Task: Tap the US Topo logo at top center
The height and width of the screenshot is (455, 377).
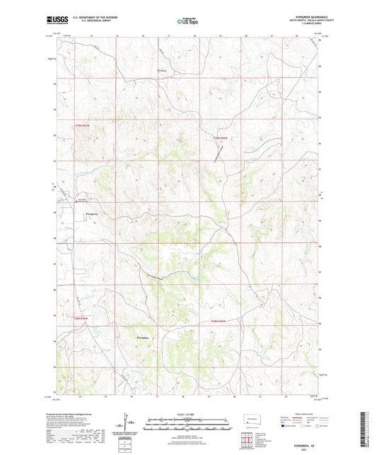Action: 188,22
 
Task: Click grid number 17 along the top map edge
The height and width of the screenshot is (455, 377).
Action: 169,35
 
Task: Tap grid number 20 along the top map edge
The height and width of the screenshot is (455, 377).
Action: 246,35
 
